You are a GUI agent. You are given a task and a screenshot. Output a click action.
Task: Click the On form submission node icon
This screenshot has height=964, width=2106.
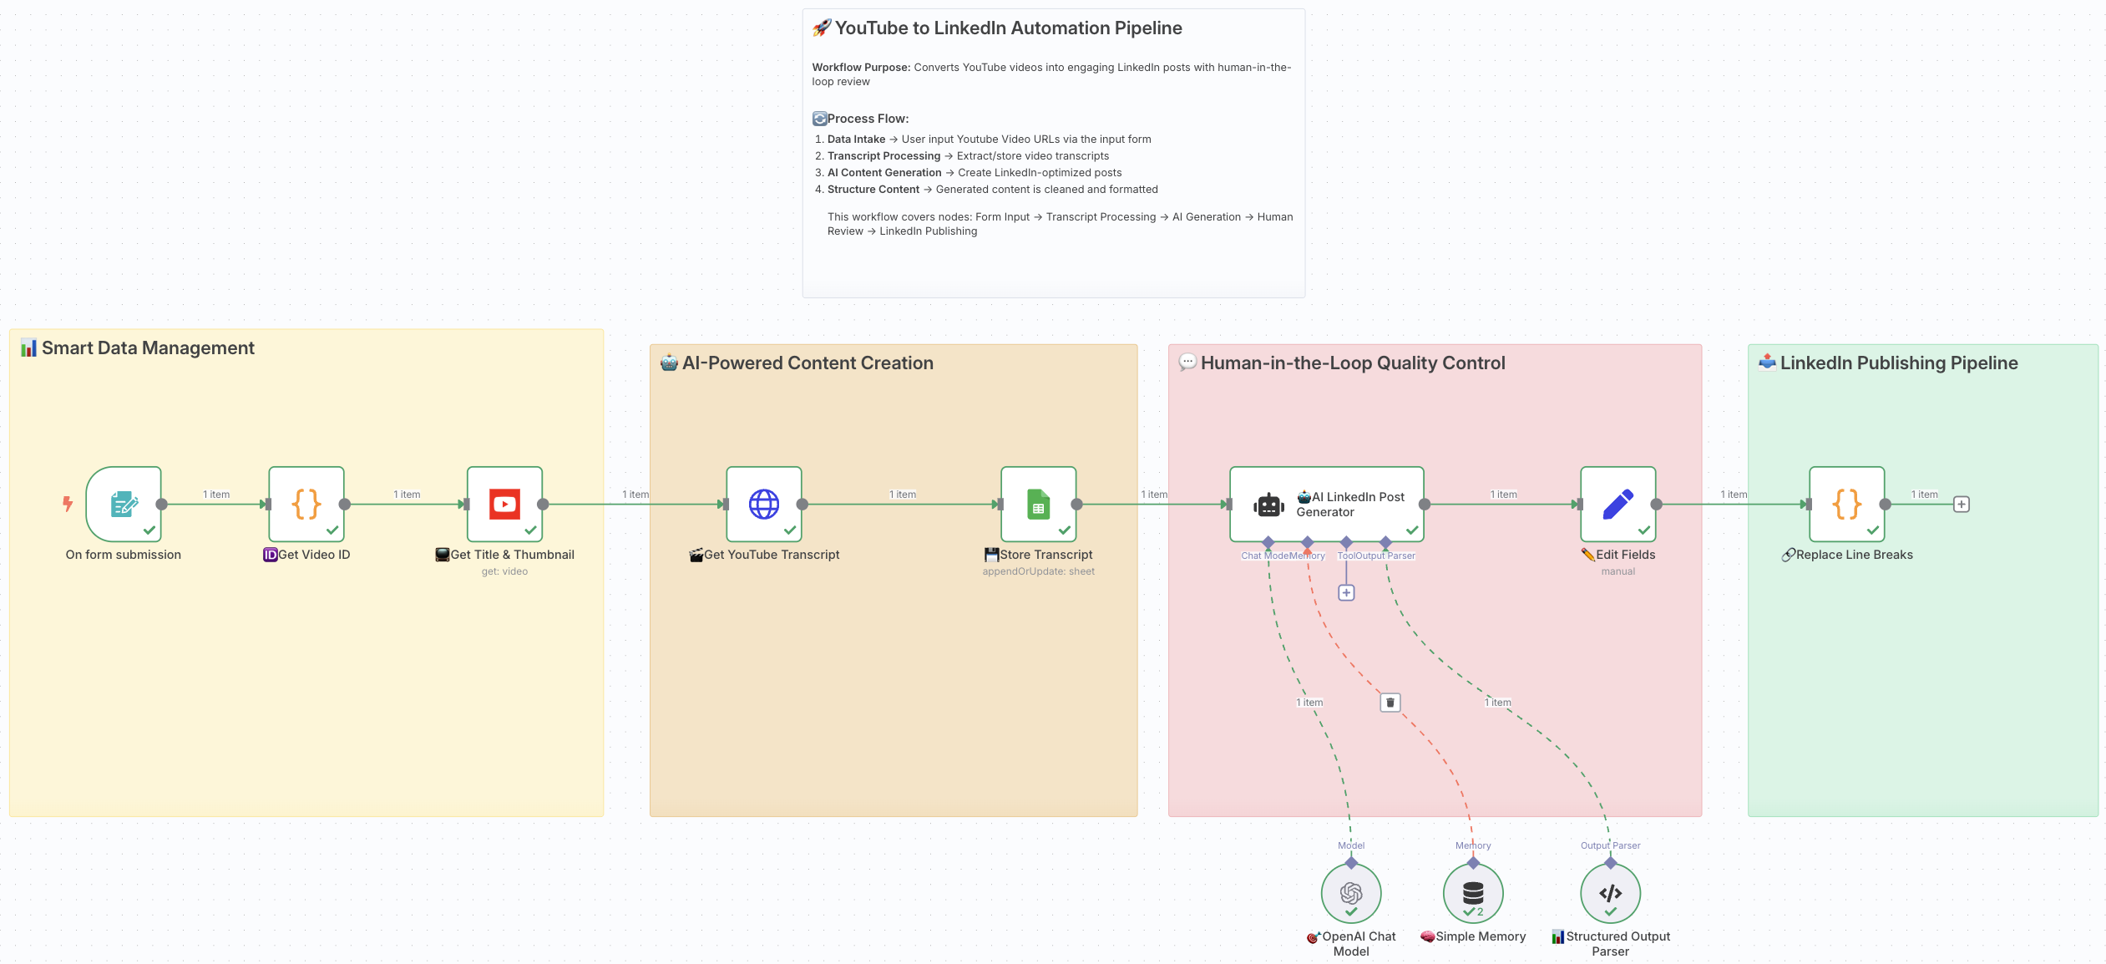click(x=124, y=504)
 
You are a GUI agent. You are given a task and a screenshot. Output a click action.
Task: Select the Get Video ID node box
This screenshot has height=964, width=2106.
click(x=306, y=504)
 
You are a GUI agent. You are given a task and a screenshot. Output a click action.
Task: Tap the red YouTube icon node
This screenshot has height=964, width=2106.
click(x=504, y=504)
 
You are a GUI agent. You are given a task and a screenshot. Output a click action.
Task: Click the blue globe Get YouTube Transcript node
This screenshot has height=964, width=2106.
click(x=763, y=504)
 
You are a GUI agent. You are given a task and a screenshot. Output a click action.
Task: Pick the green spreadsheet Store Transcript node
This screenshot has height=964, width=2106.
click(x=1038, y=504)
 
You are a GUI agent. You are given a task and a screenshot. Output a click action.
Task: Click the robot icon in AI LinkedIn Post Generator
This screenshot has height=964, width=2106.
click(x=1268, y=505)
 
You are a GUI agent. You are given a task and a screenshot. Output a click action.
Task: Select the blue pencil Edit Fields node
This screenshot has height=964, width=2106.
click(x=1617, y=504)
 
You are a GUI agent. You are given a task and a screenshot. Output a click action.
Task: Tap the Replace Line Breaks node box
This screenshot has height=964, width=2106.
click(x=1846, y=504)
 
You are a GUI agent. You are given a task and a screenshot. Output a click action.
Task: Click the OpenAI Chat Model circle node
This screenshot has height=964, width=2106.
click(x=1350, y=893)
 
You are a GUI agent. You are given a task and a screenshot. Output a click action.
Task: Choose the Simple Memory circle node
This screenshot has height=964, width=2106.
click(x=1473, y=893)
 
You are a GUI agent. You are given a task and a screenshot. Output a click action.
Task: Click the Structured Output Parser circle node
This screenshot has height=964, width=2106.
click(x=1610, y=893)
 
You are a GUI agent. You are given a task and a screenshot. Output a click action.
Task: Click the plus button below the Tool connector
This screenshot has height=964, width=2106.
click(x=1346, y=592)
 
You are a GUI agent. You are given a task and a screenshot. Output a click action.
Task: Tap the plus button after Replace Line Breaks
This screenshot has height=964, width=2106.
click(x=1962, y=505)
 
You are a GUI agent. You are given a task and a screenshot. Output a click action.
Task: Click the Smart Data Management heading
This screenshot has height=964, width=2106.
click(x=148, y=348)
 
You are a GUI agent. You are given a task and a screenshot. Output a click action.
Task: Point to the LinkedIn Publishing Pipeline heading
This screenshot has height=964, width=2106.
click(x=1898, y=363)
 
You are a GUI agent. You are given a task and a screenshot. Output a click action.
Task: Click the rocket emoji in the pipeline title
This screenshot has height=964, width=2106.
click(x=822, y=28)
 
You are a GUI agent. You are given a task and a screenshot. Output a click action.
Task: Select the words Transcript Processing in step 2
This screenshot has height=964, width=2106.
click(x=883, y=156)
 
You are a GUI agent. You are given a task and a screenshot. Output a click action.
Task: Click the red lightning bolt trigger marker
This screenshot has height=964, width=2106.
click(x=68, y=504)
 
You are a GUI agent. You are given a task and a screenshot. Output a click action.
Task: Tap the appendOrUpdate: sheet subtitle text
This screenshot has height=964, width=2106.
click(x=1038, y=571)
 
